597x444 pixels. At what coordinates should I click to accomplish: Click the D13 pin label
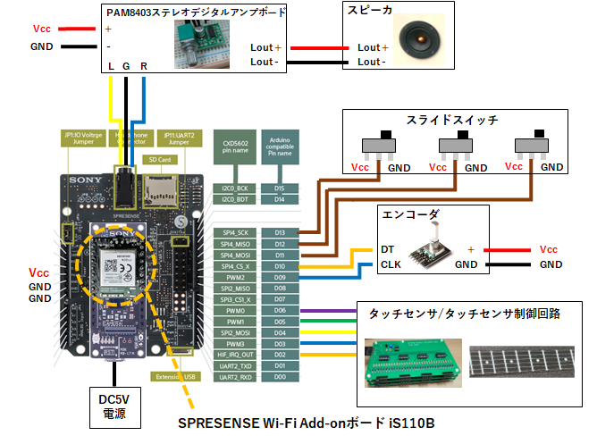280,232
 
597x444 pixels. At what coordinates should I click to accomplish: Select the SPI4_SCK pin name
236,232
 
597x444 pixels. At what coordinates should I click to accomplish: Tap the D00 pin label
280,377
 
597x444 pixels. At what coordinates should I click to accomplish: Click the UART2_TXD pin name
236,366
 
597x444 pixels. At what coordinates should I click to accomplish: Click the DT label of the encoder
387,249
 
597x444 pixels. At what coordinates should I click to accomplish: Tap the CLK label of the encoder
390,264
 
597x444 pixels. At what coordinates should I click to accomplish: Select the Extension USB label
174,375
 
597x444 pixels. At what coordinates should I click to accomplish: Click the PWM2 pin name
236,277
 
